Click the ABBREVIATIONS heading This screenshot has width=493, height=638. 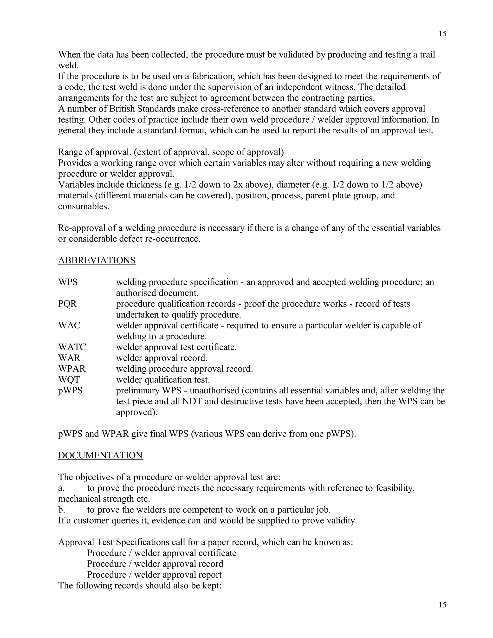(97, 260)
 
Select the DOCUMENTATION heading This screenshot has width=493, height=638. (100, 456)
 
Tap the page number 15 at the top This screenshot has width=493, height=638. (442, 34)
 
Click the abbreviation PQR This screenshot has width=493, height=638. (67, 304)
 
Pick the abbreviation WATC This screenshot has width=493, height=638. (72, 347)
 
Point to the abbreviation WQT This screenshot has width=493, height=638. (69, 379)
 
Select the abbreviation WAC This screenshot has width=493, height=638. (69, 326)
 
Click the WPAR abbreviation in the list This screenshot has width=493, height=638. (72, 369)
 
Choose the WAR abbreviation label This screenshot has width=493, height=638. (69, 358)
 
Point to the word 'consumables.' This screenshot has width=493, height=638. (84, 206)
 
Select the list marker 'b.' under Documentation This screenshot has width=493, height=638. (61, 510)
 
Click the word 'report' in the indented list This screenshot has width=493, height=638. (210, 575)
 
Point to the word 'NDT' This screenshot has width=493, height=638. (192, 401)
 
